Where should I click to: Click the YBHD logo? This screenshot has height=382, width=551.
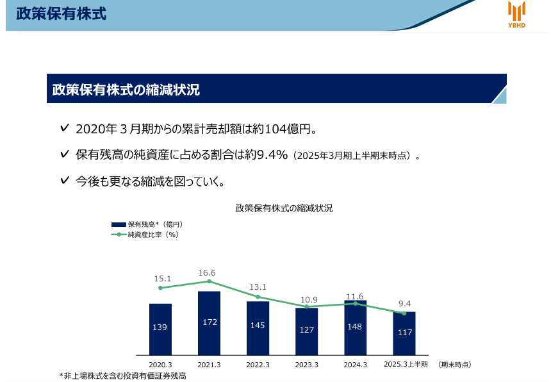[516, 14]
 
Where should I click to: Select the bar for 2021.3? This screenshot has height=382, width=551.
[209, 323]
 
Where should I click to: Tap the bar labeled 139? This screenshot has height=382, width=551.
[160, 329]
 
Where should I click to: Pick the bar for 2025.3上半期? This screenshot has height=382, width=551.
[404, 333]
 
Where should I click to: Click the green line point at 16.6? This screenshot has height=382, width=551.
[209, 281]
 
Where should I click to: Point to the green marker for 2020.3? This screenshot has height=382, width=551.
[160, 288]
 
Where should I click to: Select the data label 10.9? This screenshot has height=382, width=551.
[309, 300]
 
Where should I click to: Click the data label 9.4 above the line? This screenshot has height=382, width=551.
[404, 304]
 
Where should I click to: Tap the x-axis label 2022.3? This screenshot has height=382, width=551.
[258, 365]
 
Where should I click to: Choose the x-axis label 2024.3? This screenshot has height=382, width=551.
[356, 365]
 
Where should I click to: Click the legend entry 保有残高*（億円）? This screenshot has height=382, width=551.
[147, 224]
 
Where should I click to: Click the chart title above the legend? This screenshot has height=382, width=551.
[284, 208]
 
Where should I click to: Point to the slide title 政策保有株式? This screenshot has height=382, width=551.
[61, 13]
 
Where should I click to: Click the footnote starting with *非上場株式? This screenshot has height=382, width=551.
[122, 376]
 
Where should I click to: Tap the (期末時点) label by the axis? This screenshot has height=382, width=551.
[455, 365]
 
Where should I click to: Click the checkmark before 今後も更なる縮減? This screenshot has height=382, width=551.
[65, 180]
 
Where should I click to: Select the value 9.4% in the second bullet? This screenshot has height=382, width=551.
[272, 154]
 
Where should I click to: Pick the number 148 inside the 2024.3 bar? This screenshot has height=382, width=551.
[354, 326]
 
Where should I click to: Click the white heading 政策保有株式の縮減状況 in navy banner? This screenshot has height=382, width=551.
[126, 90]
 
